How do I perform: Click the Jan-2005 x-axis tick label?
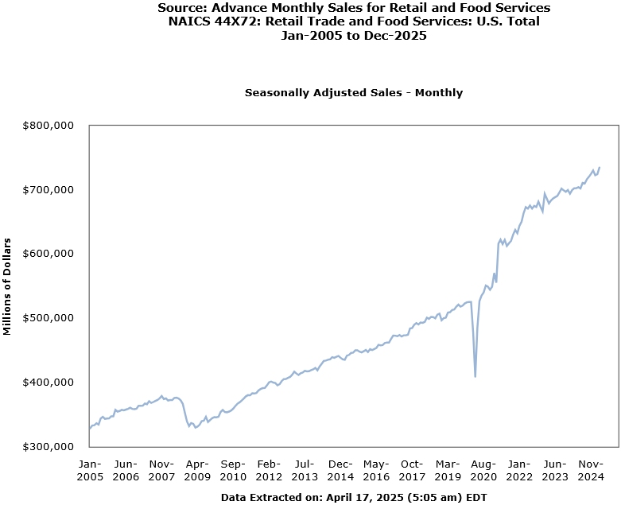(89, 470)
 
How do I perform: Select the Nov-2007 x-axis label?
(161, 470)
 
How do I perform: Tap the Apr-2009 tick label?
(197, 470)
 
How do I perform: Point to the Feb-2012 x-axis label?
(269, 470)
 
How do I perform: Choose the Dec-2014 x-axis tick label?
(340, 470)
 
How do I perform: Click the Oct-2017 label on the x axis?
(412, 470)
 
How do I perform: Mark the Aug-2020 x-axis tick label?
(483, 470)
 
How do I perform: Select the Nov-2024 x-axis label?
(591, 470)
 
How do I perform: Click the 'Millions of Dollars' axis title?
(8, 286)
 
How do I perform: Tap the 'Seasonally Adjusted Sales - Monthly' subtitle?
(354, 93)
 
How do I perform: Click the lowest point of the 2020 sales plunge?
(475, 376)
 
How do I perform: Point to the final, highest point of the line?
(600, 167)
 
